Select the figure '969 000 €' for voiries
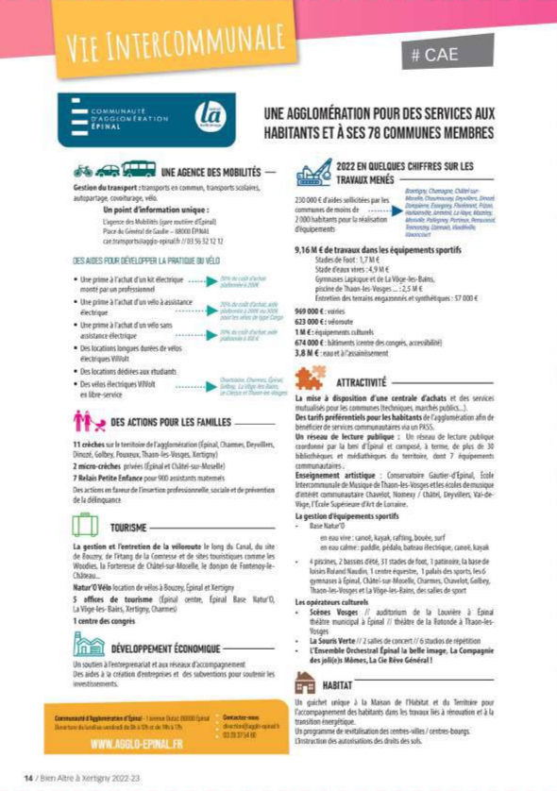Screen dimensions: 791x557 [311, 310]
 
